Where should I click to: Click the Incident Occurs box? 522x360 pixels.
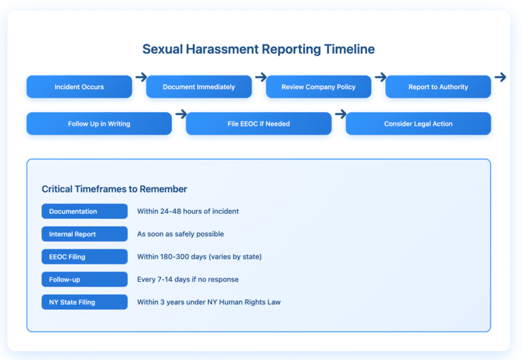pyautogui.click(x=79, y=87)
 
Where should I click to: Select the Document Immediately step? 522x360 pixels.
pyautogui.click(x=199, y=87)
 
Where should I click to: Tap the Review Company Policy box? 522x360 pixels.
pyautogui.click(x=319, y=87)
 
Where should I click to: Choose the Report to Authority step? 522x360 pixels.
pyautogui.click(x=438, y=87)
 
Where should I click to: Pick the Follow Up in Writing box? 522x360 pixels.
pyautogui.click(x=99, y=124)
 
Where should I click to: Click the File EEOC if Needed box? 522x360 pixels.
pyautogui.click(x=259, y=124)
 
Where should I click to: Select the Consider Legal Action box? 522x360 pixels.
pyautogui.click(x=418, y=124)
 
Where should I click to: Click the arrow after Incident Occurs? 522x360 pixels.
pyautogui.click(x=141, y=77)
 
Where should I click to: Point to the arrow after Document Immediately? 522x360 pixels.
pyautogui.click(x=260, y=77)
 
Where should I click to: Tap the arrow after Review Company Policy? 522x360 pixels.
pyautogui.click(x=380, y=77)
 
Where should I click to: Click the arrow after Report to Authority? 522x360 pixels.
pyautogui.click(x=500, y=77)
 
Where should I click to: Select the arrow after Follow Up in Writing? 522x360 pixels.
pyautogui.click(x=180, y=114)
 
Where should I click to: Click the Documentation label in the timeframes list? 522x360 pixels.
pyautogui.click(x=84, y=211)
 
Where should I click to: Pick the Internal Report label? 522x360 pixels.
pyautogui.click(x=84, y=234)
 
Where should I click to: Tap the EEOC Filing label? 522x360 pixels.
pyautogui.click(x=84, y=257)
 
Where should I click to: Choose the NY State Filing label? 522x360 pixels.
pyautogui.click(x=84, y=302)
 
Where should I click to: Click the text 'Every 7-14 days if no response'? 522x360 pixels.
pyautogui.click(x=188, y=279)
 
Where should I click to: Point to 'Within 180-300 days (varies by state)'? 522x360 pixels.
pyautogui.click(x=199, y=257)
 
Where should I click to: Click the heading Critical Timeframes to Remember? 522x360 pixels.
pyautogui.click(x=114, y=189)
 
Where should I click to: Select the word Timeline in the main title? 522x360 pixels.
pyautogui.click(x=349, y=50)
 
